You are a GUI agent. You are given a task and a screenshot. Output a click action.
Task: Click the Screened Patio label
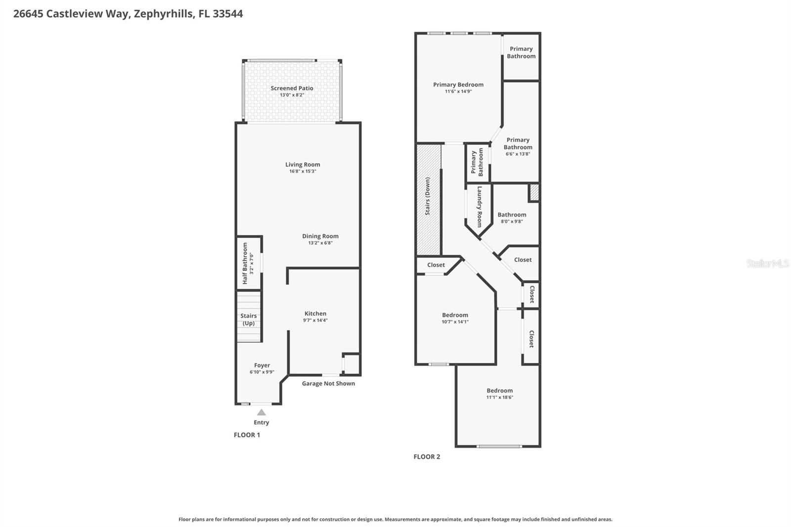(x=292, y=88)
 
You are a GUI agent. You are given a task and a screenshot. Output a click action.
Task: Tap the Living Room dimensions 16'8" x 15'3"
(x=303, y=172)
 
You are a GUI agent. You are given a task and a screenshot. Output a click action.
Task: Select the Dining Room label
(x=320, y=236)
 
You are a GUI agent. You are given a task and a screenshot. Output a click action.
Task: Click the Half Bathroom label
(x=245, y=263)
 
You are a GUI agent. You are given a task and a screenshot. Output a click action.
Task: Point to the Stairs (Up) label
(x=248, y=319)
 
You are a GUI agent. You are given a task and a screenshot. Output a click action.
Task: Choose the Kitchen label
(x=315, y=313)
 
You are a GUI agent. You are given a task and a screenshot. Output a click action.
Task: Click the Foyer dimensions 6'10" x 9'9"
(x=262, y=372)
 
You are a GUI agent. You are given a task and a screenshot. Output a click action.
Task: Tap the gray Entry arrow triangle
(x=262, y=412)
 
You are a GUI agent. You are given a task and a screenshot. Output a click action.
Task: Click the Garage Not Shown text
(x=328, y=383)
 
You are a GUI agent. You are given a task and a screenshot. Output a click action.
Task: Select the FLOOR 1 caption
(x=247, y=435)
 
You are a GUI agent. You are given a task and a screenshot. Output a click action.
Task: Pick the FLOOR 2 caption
(x=427, y=457)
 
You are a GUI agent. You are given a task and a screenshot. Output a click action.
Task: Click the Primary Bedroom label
(x=458, y=85)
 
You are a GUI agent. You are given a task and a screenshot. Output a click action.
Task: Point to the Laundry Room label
(x=479, y=207)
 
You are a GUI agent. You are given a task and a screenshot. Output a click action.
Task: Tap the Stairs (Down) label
(x=428, y=196)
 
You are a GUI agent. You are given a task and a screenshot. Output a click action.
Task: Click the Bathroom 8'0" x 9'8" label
(x=512, y=215)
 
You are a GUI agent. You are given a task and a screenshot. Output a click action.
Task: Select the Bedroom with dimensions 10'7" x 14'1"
(x=455, y=315)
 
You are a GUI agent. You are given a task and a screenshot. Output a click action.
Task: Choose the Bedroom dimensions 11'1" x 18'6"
(x=500, y=397)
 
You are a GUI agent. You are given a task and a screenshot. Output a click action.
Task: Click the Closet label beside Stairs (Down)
(x=436, y=265)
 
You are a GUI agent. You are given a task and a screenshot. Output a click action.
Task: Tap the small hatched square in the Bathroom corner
(x=534, y=192)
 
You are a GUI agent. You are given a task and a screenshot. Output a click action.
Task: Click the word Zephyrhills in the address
(x=164, y=14)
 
